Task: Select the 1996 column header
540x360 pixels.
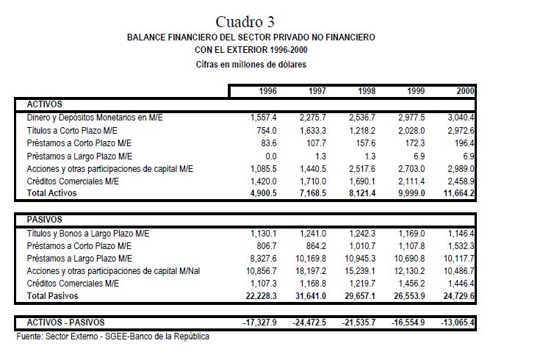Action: (267, 91)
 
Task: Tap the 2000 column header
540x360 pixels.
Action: (465, 91)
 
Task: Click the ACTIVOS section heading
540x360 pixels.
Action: (44, 104)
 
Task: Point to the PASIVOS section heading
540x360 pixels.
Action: (44, 220)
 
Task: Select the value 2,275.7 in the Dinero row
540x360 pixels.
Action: (313, 118)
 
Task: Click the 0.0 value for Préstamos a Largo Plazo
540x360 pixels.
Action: (270, 156)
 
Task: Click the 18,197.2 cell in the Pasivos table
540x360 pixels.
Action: (312, 271)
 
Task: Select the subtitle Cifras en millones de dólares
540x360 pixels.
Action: (251, 65)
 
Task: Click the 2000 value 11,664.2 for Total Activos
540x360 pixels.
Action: (459, 193)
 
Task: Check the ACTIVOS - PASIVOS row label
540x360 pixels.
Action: (65, 322)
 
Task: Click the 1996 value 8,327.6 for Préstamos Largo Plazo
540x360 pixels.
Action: (262, 258)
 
